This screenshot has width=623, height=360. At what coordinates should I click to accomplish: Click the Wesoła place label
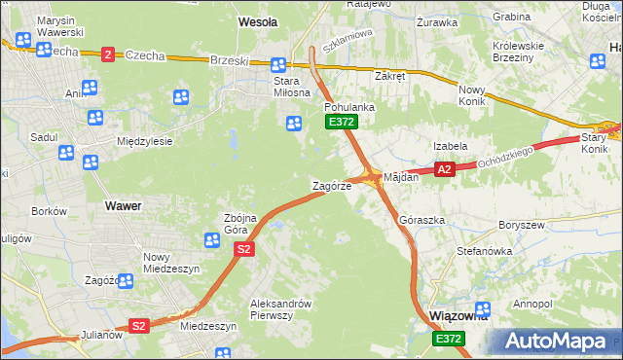click(258, 20)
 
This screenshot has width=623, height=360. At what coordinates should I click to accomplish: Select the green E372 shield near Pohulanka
click(342, 122)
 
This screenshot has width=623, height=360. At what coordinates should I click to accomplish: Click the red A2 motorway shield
click(444, 169)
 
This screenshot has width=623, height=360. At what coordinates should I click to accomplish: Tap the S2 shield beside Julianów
click(139, 326)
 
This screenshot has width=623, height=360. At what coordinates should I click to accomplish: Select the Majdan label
click(401, 178)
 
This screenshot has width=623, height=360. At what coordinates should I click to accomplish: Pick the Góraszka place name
click(422, 221)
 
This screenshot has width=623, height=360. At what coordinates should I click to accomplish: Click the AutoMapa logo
click(559, 342)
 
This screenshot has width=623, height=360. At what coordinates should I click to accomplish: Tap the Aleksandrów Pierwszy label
click(279, 308)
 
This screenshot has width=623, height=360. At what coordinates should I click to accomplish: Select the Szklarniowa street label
click(348, 44)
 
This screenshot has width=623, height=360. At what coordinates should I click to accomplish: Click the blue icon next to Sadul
click(65, 153)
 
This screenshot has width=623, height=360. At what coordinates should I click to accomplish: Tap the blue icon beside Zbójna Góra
click(211, 239)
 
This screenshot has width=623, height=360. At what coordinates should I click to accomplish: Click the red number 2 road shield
click(106, 55)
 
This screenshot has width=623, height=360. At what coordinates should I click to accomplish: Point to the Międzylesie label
click(144, 141)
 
